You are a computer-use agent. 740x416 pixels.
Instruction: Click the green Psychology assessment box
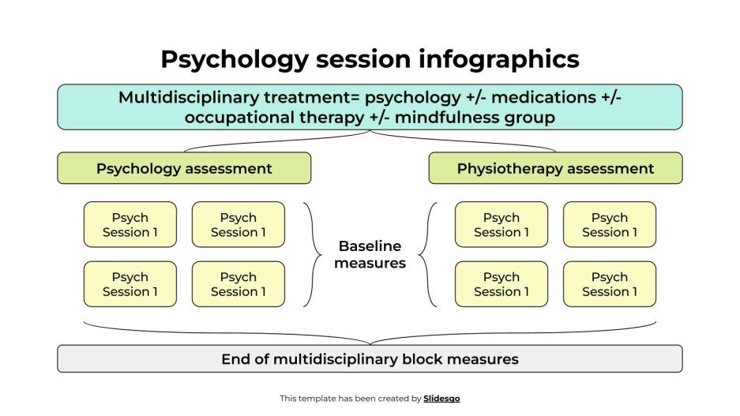click(x=184, y=168)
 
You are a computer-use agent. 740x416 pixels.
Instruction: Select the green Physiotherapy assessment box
click(x=555, y=168)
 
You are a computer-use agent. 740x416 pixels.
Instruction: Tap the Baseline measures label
click(x=370, y=254)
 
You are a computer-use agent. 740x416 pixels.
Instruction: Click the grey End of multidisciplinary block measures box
click(x=370, y=359)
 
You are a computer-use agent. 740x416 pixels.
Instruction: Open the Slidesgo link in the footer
click(x=441, y=399)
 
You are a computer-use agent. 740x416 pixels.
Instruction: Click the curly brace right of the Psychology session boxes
click(x=314, y=254)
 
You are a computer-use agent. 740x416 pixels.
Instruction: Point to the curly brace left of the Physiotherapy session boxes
click(x=426, y=254)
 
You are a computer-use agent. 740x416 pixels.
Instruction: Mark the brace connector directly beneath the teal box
click(x=370, y=140)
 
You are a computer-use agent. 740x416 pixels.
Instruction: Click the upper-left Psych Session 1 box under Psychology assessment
click(x=130, y=225)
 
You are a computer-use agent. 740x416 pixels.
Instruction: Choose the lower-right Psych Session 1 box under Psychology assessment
click(x=239, y=284)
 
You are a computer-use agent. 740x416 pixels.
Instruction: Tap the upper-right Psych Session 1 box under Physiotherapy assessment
click(x=610, y=225)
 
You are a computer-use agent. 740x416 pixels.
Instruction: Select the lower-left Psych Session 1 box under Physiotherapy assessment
click(x=501, y=284)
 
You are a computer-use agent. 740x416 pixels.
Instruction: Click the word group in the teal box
click(x=532, y=117)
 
